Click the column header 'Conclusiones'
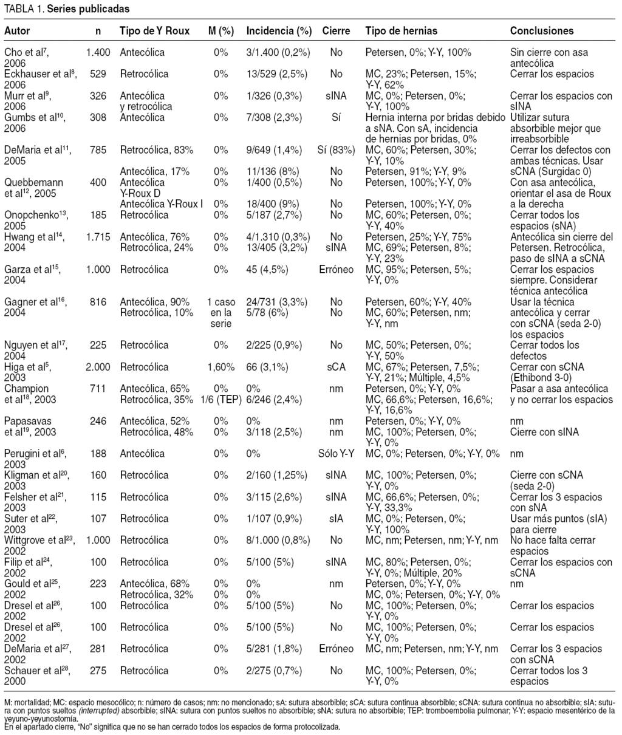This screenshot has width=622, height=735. point(541,30)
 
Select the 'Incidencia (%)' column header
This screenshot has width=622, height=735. point(279,30)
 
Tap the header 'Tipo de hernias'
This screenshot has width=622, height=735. point(402,30)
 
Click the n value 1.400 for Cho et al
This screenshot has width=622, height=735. point(98,53)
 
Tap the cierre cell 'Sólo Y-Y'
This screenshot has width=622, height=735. point(336,454)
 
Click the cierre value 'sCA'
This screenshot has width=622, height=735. point(336,366)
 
